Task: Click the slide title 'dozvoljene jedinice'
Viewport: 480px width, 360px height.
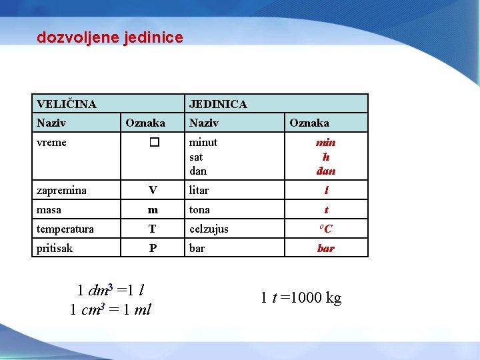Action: click(x=109, y=38)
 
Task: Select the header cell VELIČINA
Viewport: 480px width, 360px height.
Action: click(x=67, y=104)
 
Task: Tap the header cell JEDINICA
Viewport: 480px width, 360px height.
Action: click(x=218, y=104)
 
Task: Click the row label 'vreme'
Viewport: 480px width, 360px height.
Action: click(x=52, y=143)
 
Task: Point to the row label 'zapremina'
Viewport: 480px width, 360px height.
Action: click(x=62, y=191)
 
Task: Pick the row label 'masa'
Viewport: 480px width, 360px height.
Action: click(x=49, y=210)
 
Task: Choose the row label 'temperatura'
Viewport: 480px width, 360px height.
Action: click(x=65, y=229)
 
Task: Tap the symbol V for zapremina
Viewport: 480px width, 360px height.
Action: click(x=153, y=191)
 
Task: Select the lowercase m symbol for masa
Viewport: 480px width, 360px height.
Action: click(x=153, y=210)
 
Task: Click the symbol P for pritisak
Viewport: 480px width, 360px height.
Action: click(x=153, y=249)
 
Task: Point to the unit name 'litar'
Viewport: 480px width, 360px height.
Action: click(x=199, y=191)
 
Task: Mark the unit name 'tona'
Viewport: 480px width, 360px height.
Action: click(x=199, y=210)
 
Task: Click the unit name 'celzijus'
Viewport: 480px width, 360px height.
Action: click(x=209, y=229)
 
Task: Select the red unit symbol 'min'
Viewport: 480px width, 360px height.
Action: click(x=326, y=143)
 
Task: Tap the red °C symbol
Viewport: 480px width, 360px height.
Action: click(x=326, y=229)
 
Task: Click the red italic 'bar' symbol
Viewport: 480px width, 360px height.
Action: click(x=326, y=249)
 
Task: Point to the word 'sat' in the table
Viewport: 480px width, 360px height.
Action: click(x=196, y=157)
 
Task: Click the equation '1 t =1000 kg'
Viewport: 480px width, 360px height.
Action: click(x=301, y=298)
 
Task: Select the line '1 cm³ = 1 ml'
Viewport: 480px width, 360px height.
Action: click(x=111, y=310)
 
